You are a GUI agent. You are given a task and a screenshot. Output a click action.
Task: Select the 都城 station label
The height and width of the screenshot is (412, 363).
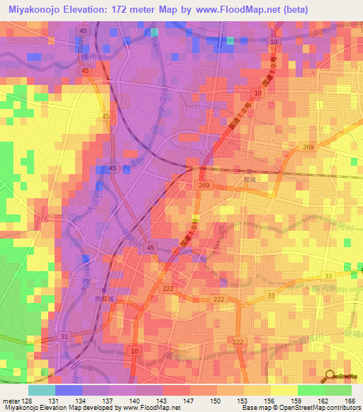(x=248, y=180)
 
